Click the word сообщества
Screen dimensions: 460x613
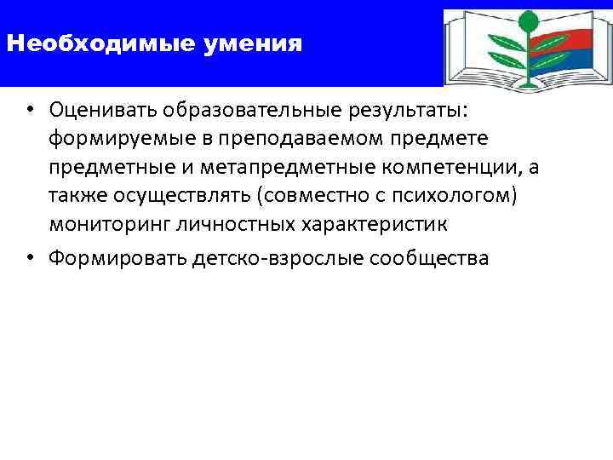tap(431, 258)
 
